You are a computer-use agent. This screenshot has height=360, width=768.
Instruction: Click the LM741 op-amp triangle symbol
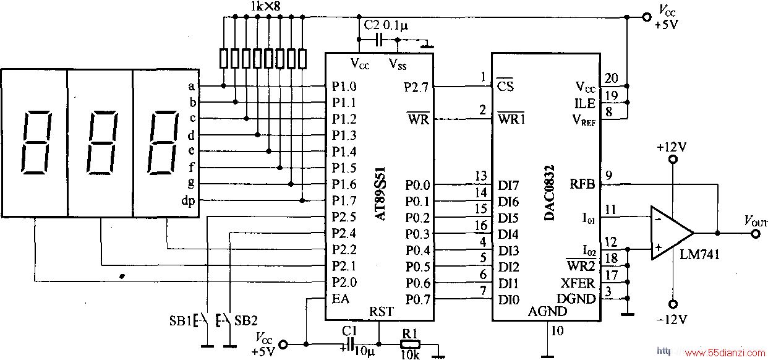(672, 233)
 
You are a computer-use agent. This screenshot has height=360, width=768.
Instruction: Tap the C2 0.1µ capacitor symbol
(378, 40)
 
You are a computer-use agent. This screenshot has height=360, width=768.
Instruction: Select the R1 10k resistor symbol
(410, 345)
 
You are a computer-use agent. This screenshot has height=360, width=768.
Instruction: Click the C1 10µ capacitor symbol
(350, 345)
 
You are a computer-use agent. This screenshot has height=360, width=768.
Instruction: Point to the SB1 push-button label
(181, 320)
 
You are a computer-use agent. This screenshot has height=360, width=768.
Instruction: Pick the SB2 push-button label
(246, 320)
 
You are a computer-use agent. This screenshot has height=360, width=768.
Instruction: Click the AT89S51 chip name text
(380, 194)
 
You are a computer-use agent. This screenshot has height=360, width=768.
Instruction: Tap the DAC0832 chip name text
(549, 193)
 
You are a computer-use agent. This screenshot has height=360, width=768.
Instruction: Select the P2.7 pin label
(416, 87)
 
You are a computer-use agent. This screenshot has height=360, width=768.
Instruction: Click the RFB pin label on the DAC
(582, 184)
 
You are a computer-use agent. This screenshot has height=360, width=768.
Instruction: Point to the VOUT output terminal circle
(756, 234)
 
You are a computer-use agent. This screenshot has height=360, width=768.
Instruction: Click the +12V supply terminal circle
(673, 160)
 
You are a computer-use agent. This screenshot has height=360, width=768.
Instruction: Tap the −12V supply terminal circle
(673, 304)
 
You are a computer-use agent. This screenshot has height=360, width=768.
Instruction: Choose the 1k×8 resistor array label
(265, 6)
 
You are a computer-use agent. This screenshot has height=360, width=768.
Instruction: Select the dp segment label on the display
(188, 201)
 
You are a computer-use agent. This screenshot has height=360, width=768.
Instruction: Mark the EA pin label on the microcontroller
(341, 299)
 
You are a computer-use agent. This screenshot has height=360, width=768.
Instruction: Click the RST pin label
(382, 312)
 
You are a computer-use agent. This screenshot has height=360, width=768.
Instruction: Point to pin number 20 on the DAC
(612, 79)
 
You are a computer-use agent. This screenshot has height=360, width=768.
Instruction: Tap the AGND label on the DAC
(547, 311)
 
